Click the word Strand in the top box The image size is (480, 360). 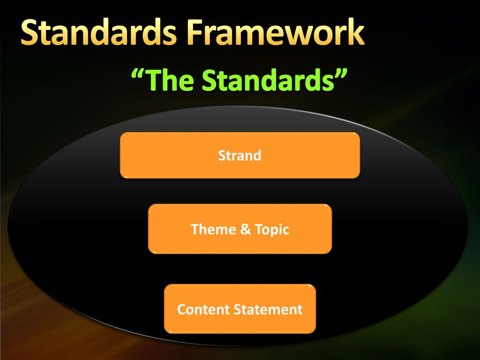click(240, 156)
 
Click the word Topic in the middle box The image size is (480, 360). click(272, 230)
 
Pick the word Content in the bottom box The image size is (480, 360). click(203, 309)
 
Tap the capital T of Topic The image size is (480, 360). click(258, 229)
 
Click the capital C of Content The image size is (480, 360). click(181, 309)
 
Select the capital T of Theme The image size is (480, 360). click(195, 229)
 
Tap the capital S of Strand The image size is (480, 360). click(222, 156)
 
